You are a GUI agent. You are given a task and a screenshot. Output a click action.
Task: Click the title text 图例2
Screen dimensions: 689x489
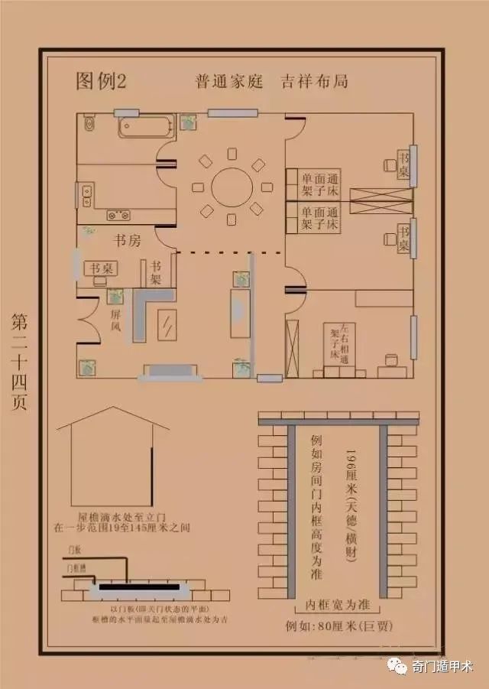click(100, 81)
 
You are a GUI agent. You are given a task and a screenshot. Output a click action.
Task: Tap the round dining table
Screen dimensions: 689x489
click(231, 187)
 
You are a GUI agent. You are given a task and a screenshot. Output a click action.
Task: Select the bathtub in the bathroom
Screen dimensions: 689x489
click(145, 126)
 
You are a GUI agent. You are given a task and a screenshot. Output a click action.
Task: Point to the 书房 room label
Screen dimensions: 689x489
click(127, 241)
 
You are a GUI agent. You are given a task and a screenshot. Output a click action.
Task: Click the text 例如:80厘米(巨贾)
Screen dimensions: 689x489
click(338, 626)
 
